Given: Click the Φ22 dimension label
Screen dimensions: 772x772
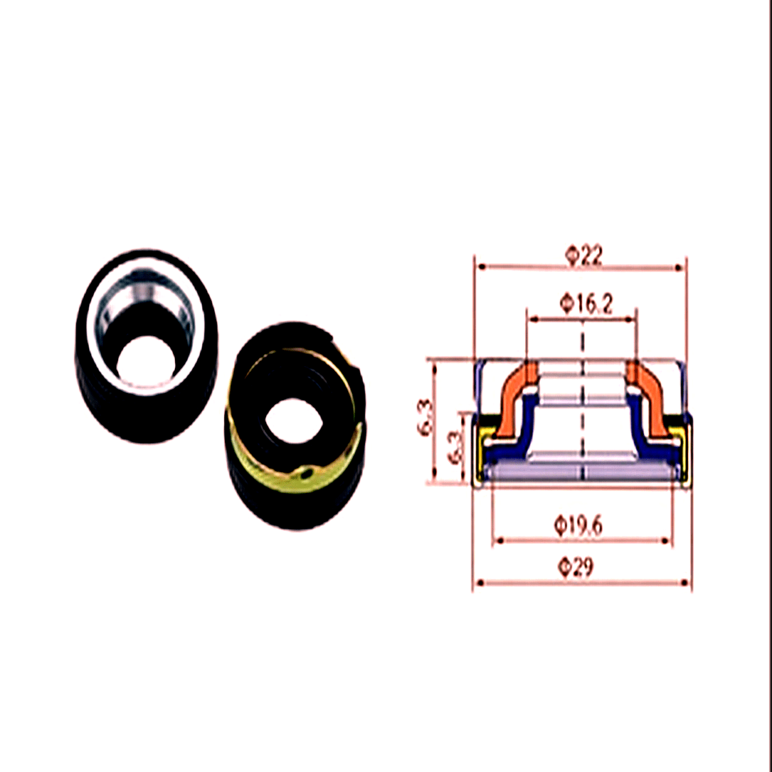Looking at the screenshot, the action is tap(583, 256).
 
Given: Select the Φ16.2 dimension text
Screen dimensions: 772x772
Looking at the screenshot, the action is tap(585, 305).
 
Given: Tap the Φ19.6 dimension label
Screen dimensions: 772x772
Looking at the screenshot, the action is tap(578, 526).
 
